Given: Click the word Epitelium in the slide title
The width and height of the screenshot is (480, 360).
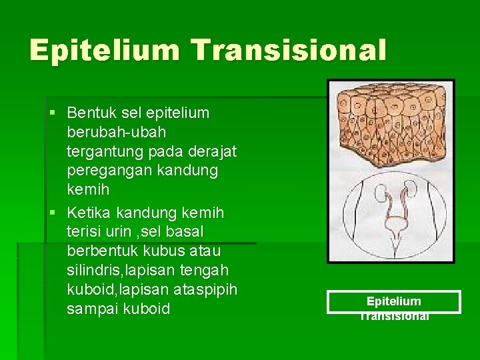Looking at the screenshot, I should (104, 51).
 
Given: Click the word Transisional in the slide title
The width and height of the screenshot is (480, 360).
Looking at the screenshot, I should (288, 51).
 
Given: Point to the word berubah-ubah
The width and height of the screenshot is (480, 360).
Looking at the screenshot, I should (117, 133).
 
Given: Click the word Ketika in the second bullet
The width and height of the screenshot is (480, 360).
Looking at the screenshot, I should (89, 213).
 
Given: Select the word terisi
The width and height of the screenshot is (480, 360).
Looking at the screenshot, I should (83, 232).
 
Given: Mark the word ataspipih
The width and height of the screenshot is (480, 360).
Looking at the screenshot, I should (206, 290).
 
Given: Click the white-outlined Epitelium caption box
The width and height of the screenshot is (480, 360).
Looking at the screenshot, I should (393, 302).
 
